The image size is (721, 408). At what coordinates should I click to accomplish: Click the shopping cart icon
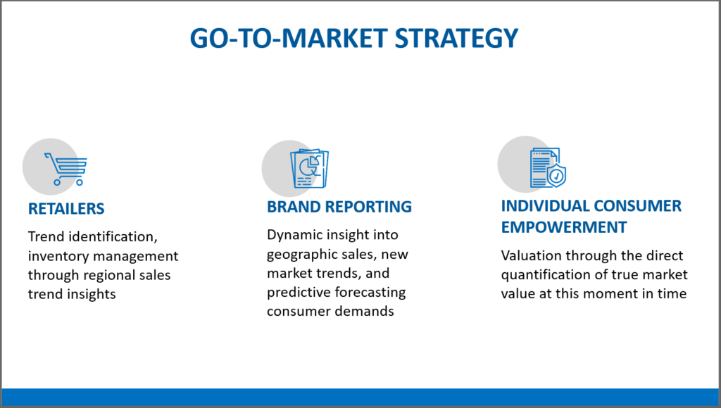coord(65,169)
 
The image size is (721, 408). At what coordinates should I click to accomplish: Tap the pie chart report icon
coord(310,168)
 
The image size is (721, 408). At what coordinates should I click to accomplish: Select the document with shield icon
coord(548,167)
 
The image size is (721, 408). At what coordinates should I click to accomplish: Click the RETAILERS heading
coord(66,209)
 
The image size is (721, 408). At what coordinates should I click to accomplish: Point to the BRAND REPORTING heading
coord(339,207)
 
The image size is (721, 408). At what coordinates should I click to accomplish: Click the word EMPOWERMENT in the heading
coord(564,227)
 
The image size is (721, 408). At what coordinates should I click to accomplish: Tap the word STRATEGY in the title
coord(456,38)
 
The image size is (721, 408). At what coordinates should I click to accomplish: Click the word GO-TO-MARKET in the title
coord(288,38)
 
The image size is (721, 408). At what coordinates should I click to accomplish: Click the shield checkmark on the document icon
coord(556,175)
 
